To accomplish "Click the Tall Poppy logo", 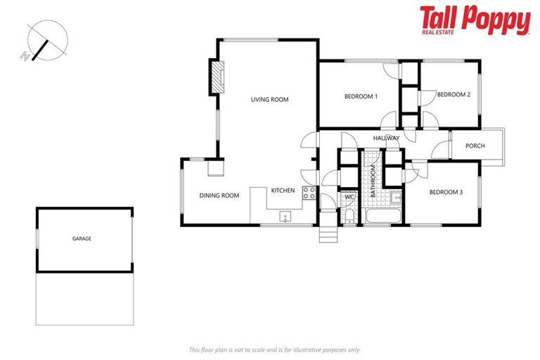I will [475, 20].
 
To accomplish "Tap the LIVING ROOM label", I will [270, 100].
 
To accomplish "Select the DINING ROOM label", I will [220, 195].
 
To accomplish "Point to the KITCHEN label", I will [283, 191].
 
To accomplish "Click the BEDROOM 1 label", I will [361, 96].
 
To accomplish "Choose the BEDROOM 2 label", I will [453, 94].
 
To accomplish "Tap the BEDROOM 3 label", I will [446, 192].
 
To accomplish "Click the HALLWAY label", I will [386, 138].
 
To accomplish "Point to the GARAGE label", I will [82, 238].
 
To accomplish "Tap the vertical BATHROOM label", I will [373, 180].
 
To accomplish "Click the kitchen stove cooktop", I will [308, 193].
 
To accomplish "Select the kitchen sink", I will [285, 216].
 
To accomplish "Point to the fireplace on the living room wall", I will [217, 78].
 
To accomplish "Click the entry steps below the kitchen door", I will [328, 235].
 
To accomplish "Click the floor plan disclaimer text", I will [274, 349].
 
